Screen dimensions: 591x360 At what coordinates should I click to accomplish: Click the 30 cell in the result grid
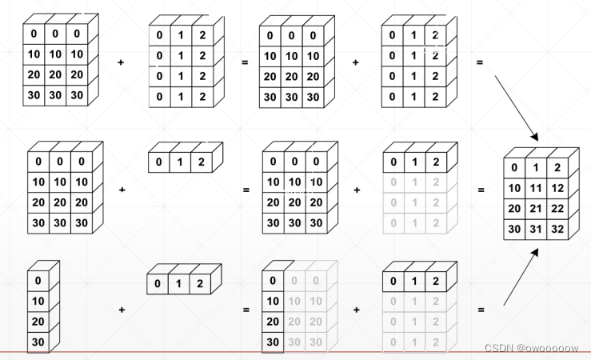(x=513, y=228)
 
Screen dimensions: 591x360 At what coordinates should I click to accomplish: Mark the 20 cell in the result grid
(x=513, y=208)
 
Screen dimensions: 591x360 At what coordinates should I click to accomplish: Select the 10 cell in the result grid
(x=513, y=188)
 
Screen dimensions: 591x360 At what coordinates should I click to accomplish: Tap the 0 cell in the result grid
(x=513, y=168)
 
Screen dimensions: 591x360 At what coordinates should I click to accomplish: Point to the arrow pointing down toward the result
(x=516, y=107)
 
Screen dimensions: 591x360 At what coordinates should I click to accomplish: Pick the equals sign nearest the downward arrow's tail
(x=480, y=61)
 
